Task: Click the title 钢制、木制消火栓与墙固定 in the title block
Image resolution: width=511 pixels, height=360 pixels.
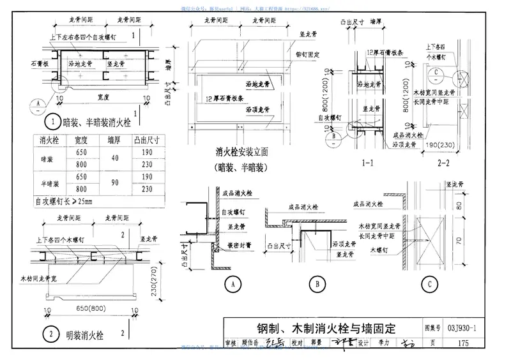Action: (318, 329)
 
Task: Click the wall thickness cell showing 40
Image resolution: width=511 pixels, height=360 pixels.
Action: (114, 159)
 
